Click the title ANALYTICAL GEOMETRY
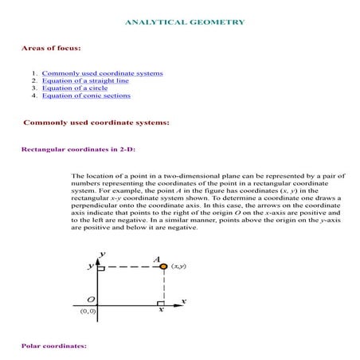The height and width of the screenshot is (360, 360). [x=185, y=22]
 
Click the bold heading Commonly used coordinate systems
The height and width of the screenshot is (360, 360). [x=96, y=123]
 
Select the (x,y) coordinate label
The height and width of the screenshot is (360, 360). [x=178, y=267]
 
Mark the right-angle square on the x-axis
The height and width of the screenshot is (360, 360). [x=160, y=303]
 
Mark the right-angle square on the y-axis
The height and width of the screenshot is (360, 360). [x=100, y=270]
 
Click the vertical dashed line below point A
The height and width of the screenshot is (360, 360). [x=163, y=287]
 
